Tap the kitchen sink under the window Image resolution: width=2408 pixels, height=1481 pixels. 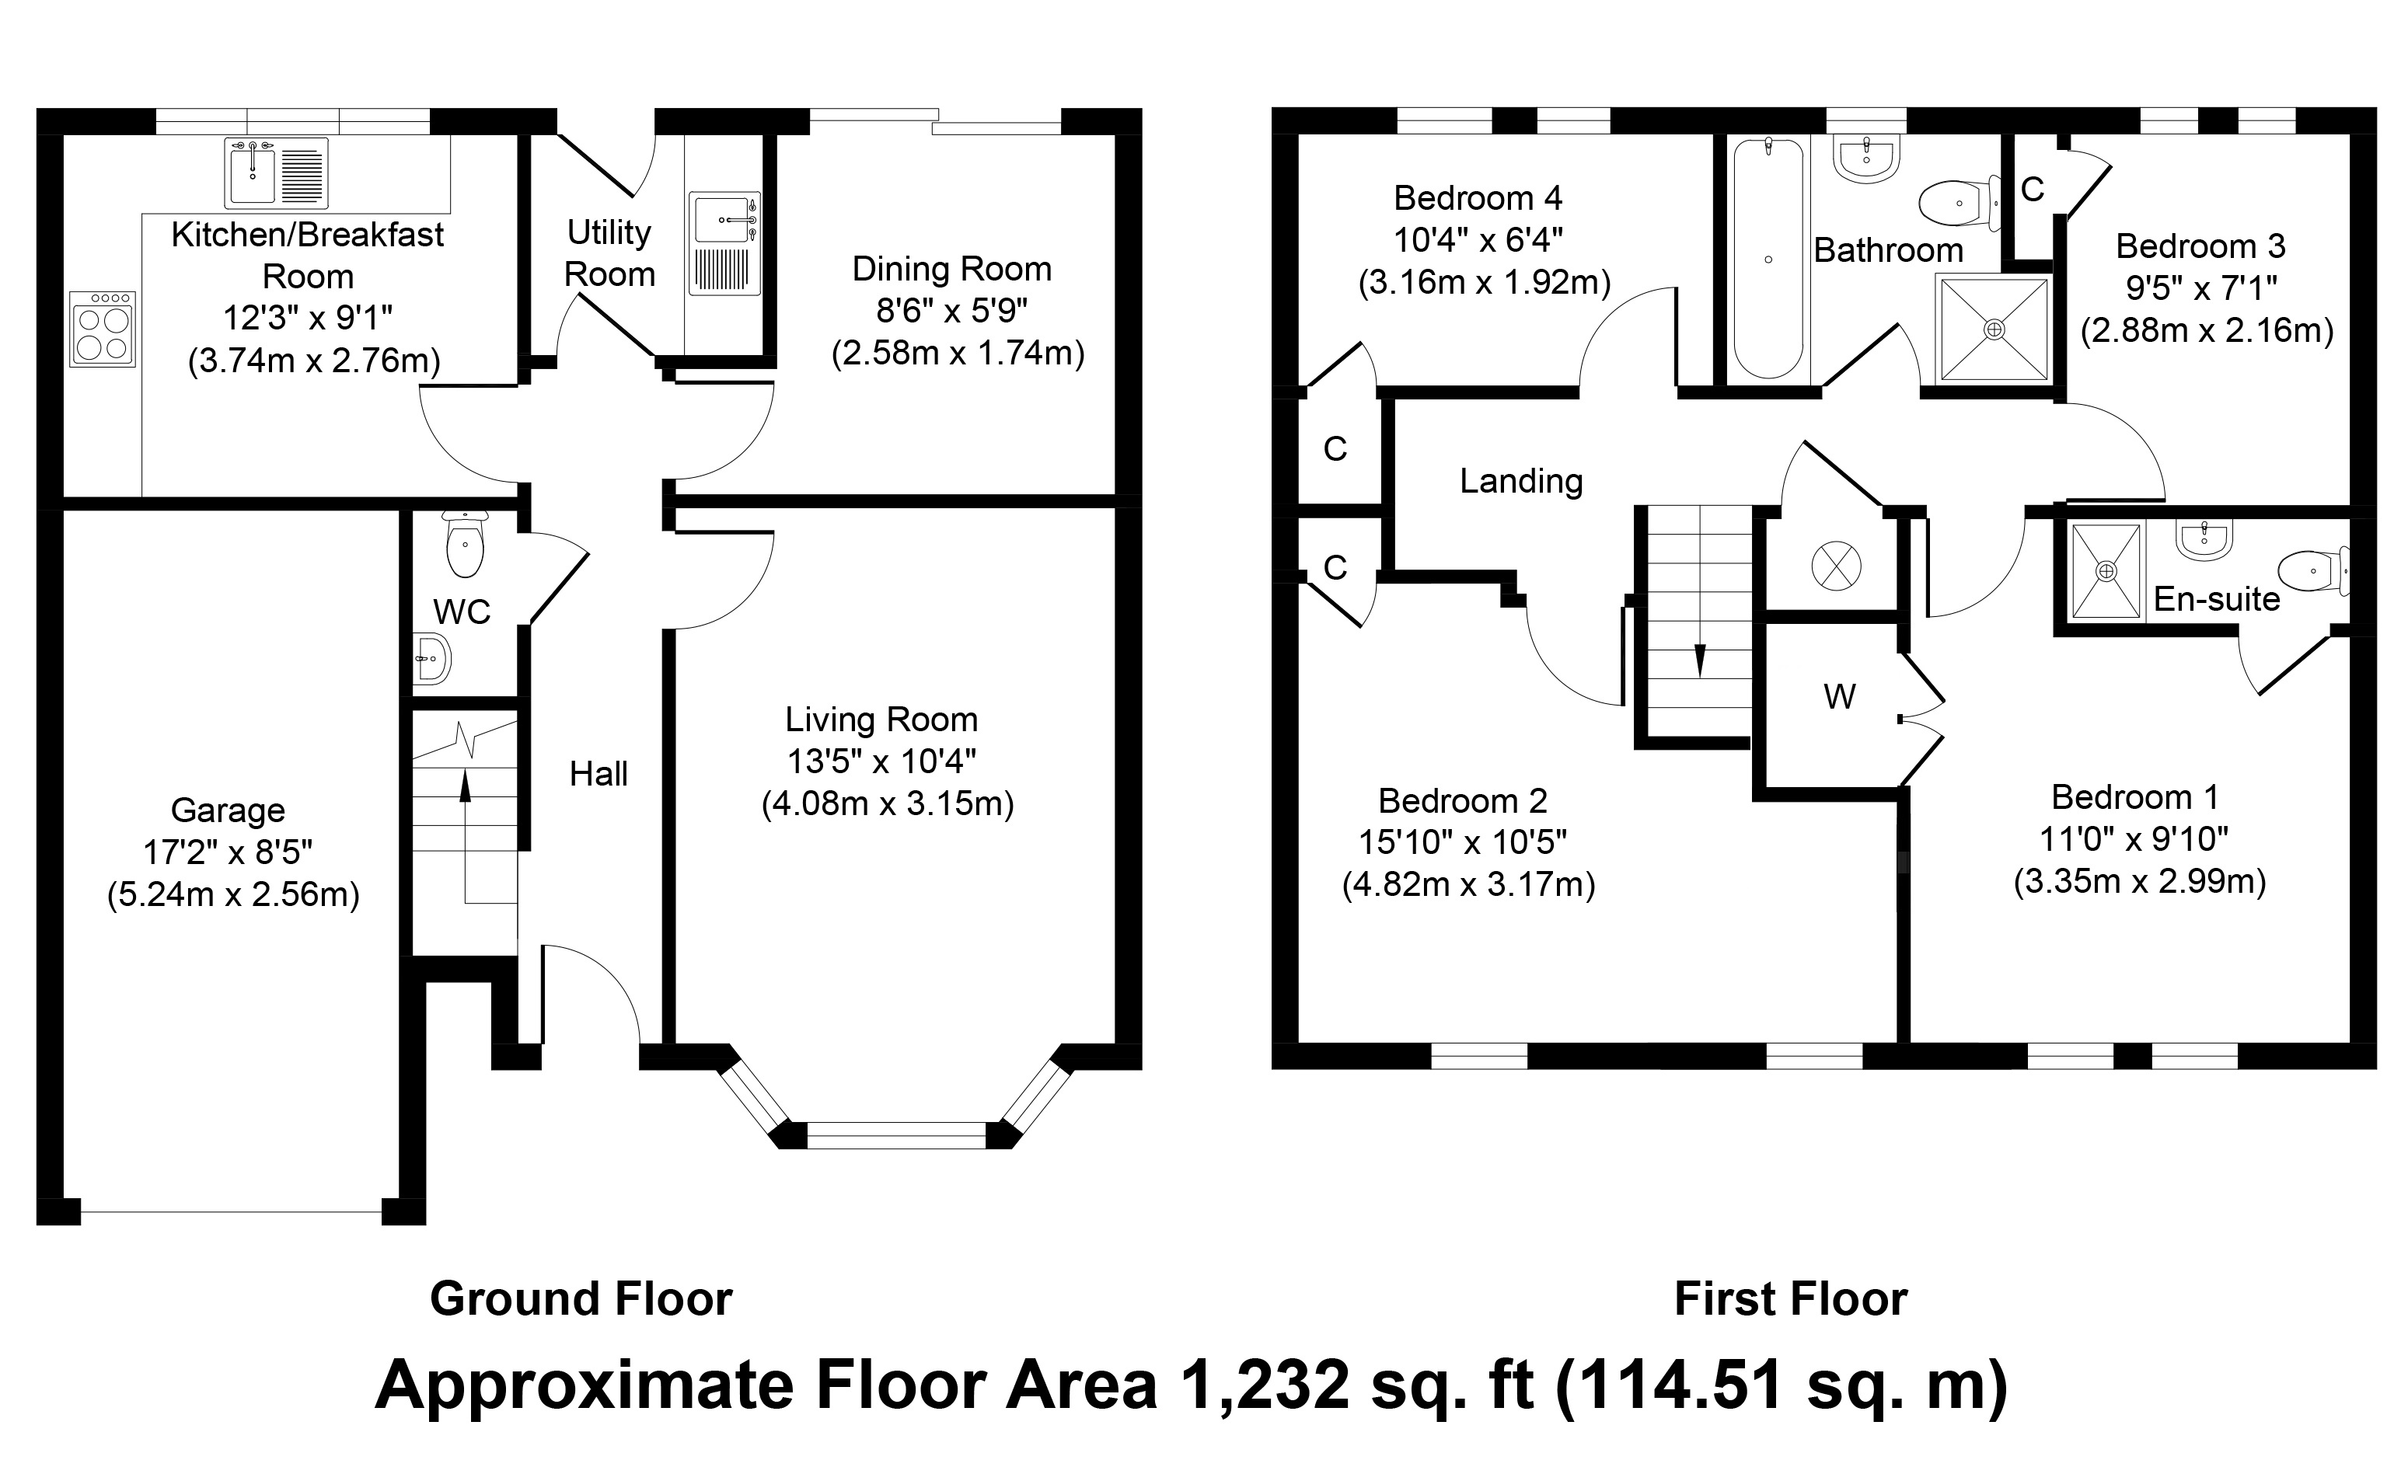tap(276, 172)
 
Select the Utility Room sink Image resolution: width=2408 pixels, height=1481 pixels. tap(725, 243)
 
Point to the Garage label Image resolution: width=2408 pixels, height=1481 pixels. tap(229, 810)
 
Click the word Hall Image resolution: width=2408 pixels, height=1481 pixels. tap(599, 774)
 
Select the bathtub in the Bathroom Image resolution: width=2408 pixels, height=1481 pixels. tap(1768, 259)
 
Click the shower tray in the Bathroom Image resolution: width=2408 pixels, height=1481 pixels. tap(1994, 329)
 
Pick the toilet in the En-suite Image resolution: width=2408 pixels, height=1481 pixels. tap(2314, 570)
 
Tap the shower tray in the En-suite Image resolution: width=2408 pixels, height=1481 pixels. tap(2106, 571)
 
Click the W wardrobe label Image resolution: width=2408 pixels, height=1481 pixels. tap(1839, 696)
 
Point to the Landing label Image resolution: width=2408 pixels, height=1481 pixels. tap(1520, 481)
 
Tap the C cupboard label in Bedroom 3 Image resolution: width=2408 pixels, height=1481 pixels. tap(2032, 190)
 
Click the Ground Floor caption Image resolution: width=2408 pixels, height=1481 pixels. tap(581, 1299)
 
